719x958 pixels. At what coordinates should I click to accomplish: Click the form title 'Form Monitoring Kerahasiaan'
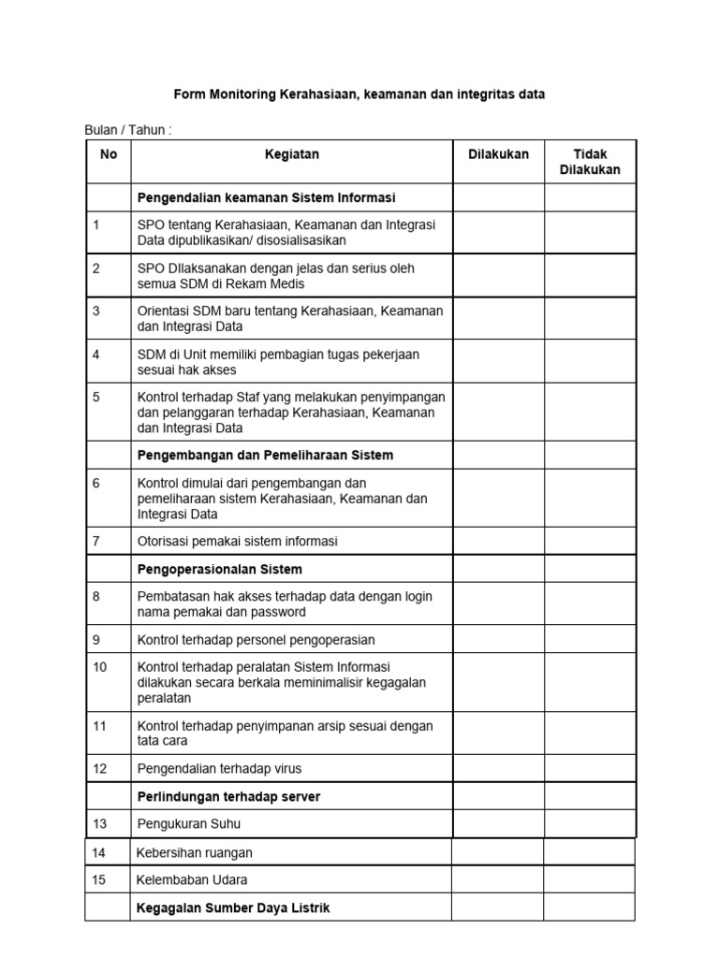(359, 94)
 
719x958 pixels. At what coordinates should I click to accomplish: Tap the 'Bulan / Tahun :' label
(128, 130)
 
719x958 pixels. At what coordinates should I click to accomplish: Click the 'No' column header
(109, 154)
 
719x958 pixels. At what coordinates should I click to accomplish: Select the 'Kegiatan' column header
(292, 154)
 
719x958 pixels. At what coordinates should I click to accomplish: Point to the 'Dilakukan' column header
(498, 154)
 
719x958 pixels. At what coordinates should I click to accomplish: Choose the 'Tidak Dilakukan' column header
(590, 162)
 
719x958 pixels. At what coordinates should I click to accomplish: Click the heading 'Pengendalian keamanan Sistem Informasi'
(267, 197)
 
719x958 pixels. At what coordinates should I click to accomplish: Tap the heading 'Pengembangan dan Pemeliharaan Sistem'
(265, 455)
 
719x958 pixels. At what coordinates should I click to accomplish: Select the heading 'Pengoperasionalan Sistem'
(220, 569)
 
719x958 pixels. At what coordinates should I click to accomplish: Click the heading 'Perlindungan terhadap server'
(229, 796)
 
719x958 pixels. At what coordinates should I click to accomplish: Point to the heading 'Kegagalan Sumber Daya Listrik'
(233, 907)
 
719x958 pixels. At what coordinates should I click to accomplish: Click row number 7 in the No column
(96, 541)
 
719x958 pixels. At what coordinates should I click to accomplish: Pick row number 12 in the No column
(100, 768)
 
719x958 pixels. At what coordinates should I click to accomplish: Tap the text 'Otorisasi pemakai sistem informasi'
(238, 541)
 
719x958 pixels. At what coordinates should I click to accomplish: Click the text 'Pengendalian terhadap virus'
(219, 768)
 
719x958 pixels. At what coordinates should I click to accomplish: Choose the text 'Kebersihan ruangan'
(195, 852)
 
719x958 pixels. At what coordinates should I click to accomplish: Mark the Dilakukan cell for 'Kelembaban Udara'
(498, 879)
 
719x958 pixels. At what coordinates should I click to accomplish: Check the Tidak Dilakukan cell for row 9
(590, 640)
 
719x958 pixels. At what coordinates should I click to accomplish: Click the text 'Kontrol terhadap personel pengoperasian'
(256, 640)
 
